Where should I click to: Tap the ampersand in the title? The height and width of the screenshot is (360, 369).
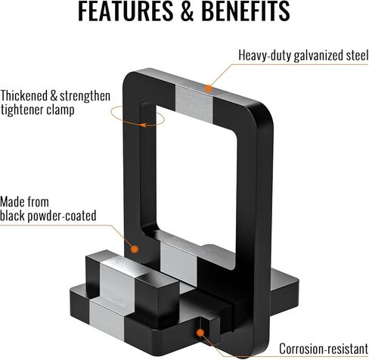[187, 11]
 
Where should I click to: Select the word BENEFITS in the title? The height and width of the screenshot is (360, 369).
[246, 11]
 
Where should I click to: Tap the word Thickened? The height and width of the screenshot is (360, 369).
[24, 96]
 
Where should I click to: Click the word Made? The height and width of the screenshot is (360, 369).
[13, 202]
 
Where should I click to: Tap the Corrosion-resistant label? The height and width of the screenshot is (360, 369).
[324, 349]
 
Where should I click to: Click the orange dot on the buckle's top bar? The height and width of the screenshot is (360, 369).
[208, 88]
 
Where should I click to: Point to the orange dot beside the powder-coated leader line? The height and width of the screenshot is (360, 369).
[135, 249]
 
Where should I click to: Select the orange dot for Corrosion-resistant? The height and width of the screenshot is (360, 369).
[200, 333]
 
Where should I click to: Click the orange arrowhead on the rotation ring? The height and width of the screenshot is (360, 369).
[143, 125]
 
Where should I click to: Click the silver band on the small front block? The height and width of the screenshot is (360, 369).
[119, 280]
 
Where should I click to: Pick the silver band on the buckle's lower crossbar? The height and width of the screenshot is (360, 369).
[178, 262]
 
